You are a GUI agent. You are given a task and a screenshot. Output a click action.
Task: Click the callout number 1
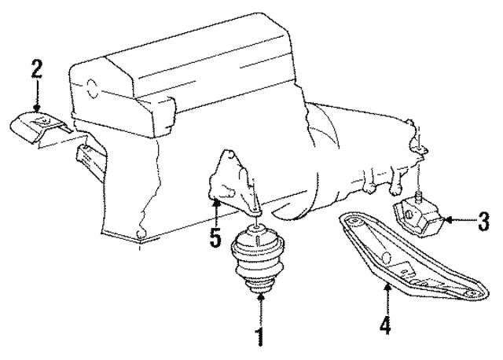260,336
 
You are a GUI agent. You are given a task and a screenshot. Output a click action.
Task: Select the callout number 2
37,70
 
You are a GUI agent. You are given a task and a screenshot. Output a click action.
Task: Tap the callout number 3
483,222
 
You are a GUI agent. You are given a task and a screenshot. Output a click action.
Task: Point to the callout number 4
385,325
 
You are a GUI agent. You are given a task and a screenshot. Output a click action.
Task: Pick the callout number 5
215,237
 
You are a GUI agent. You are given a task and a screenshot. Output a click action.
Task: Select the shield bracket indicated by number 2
41,127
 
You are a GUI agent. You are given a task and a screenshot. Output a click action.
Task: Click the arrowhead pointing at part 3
447,220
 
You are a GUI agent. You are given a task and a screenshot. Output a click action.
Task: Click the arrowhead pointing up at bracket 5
217,202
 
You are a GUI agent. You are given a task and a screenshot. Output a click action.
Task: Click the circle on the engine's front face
92,88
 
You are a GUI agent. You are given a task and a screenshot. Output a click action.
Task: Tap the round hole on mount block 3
409,214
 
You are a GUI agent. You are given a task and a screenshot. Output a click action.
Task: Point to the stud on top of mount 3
419,196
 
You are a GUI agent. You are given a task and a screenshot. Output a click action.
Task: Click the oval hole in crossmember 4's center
387,257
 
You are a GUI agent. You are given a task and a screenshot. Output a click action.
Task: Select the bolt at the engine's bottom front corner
140,233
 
